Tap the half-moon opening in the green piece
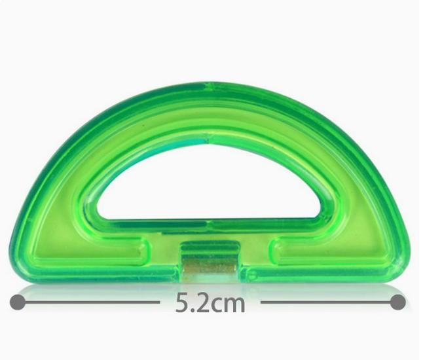[209, 184]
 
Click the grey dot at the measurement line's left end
[18, 302]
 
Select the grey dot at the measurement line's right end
[398, 302]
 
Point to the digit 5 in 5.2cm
[183, 302]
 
